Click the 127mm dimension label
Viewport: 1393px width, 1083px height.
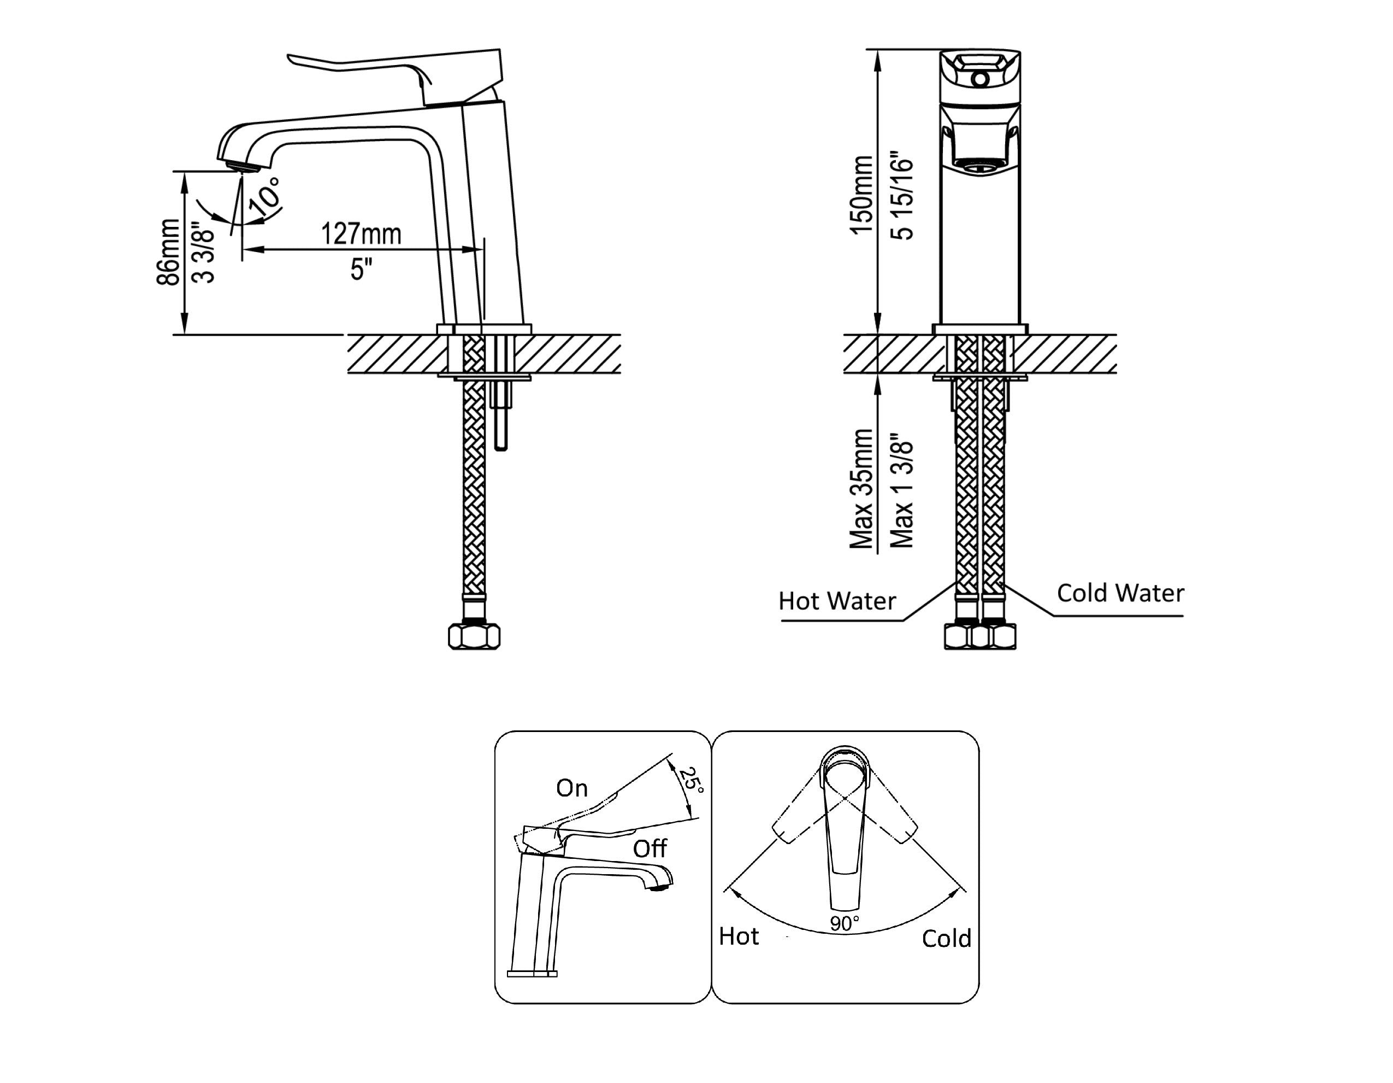361,233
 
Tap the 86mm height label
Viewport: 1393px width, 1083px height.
168,251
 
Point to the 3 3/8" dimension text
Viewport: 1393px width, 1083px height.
203,253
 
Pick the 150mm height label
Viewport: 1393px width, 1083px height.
861,195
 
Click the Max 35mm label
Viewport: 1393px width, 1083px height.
861,489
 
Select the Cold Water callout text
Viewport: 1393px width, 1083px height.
1120,593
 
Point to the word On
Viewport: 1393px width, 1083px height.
571,788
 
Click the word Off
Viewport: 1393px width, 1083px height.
650,849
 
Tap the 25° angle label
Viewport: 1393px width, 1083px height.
690,781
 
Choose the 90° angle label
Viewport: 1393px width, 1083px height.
845,923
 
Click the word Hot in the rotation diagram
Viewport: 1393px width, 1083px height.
739,936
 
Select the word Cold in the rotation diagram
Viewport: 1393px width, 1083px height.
947,938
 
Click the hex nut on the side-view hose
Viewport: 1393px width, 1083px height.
474,636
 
